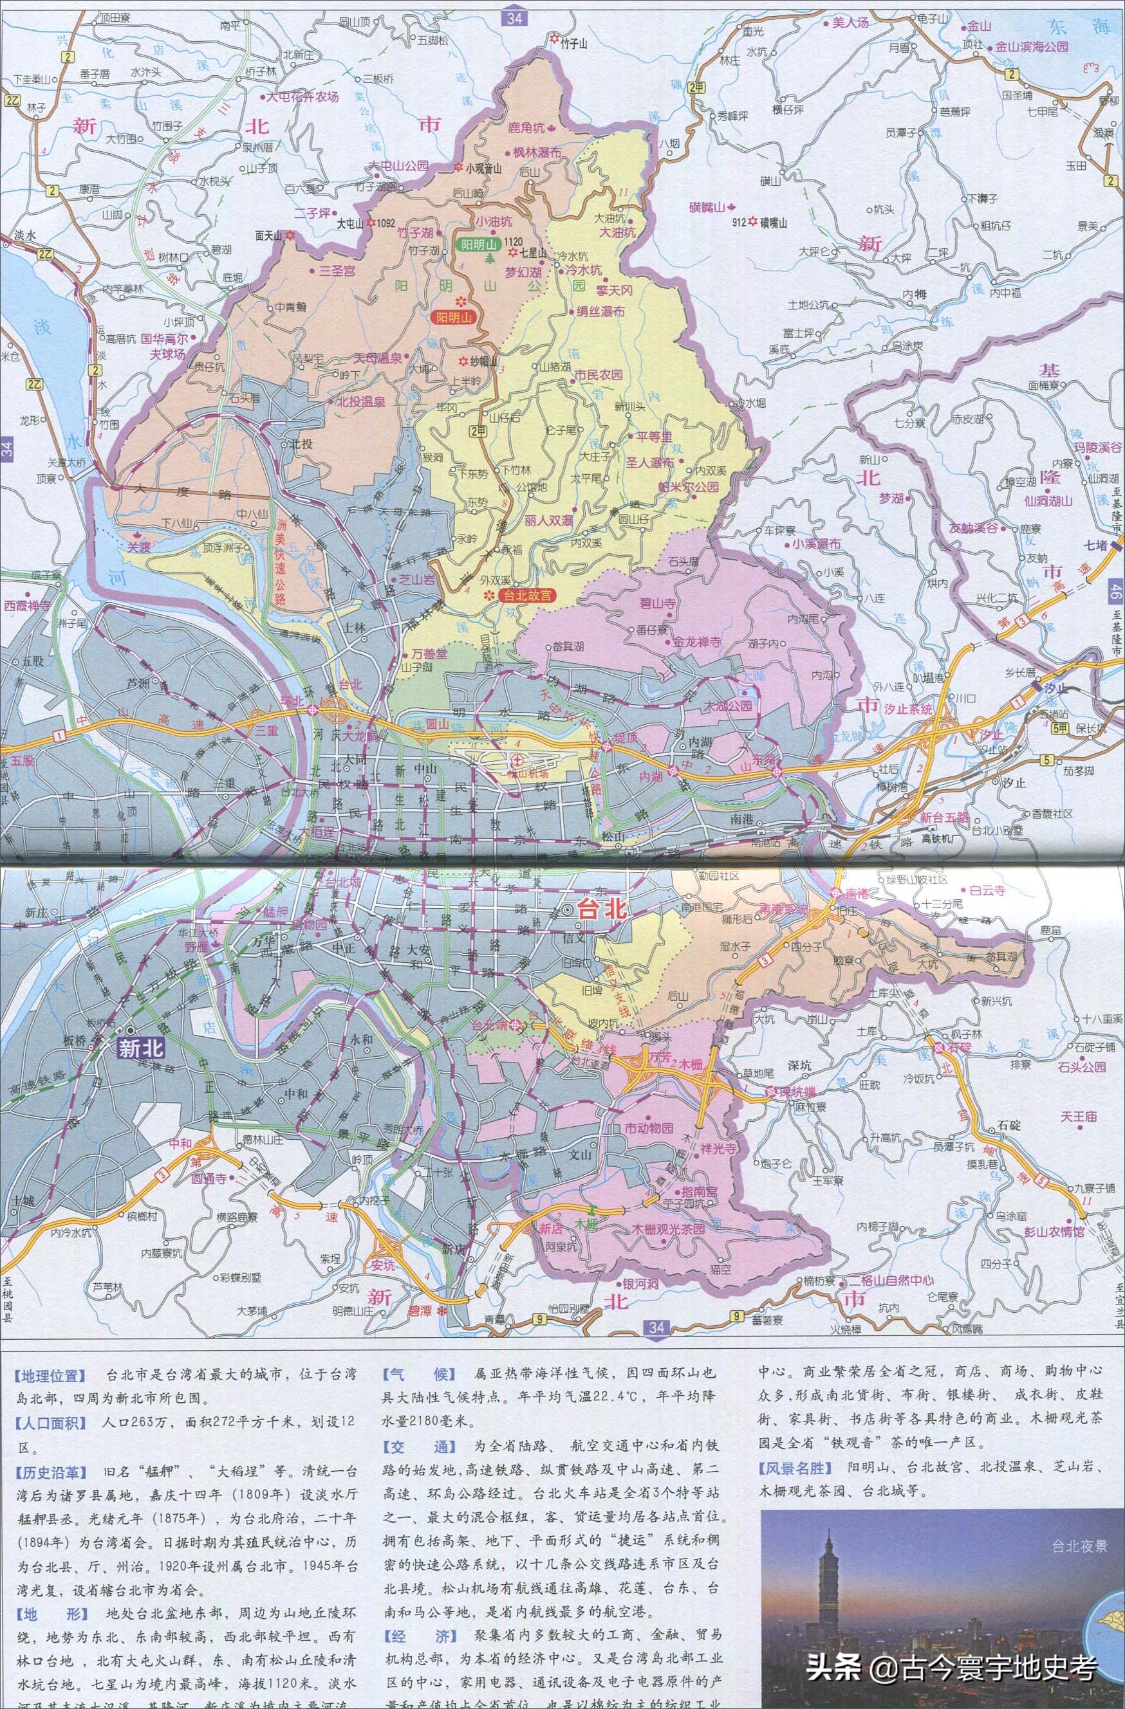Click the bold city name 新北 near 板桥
(140, 1048)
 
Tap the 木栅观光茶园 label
(669, 1229)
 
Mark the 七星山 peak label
(532, 253)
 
